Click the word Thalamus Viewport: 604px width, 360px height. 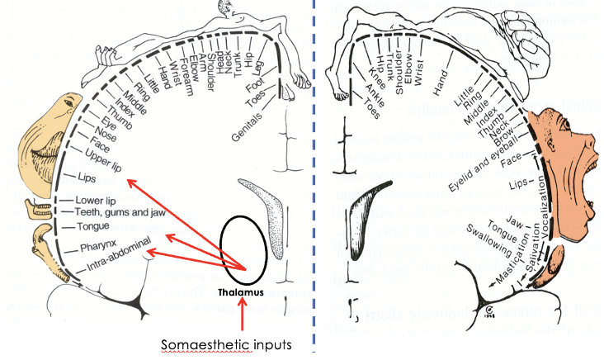click(240, 292)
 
